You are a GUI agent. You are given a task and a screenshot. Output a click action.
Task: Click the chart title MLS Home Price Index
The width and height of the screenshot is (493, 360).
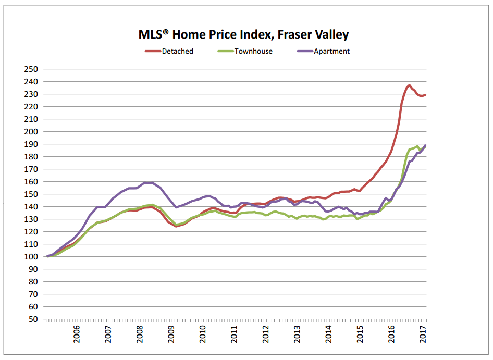240,35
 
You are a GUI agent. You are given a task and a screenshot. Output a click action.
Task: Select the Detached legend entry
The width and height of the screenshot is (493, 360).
177,51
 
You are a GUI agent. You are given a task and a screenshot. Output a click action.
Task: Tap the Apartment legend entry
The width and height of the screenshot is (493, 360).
331,51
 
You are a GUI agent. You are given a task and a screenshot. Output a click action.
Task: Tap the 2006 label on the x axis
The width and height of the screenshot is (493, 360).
77,334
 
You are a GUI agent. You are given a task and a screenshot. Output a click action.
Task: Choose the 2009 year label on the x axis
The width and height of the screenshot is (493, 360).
171,334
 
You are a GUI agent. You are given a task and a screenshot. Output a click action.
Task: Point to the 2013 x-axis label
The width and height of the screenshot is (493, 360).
298,334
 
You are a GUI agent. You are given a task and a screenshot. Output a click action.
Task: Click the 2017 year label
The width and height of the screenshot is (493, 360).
424,334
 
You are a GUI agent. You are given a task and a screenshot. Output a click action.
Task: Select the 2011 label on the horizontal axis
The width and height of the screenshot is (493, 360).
235,334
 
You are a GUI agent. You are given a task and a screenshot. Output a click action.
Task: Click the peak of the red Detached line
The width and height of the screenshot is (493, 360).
409,85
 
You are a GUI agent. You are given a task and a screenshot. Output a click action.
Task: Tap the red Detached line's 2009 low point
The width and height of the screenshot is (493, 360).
176,226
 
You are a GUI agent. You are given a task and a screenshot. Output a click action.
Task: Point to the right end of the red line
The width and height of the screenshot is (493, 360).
426,95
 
